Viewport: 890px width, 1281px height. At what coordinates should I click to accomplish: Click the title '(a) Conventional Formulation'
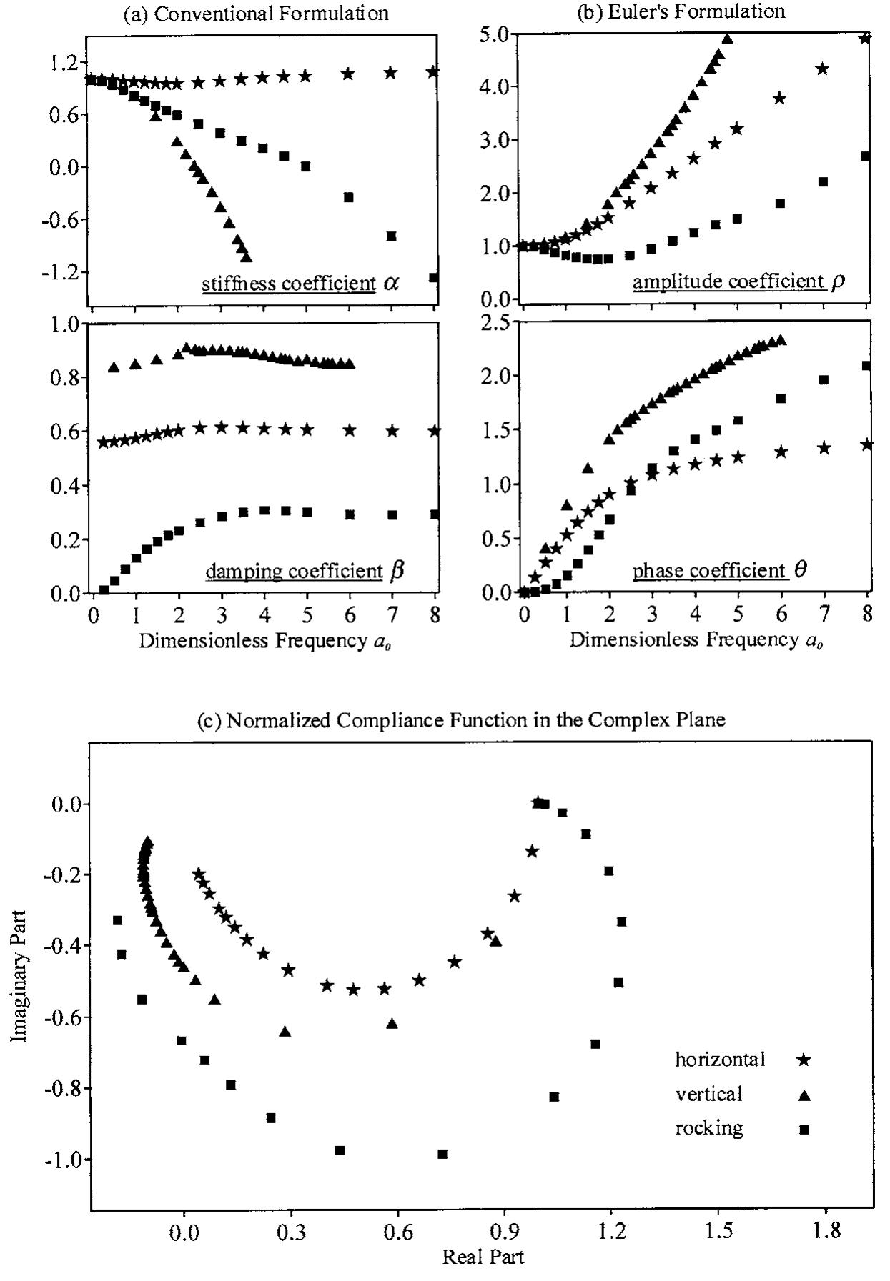point(257,14)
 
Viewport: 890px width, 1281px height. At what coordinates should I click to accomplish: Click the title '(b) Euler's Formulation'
point(681,11)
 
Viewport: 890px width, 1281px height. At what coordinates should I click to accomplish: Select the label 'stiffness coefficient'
point(288,284)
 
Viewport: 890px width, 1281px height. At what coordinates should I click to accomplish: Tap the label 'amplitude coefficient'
point(728,281)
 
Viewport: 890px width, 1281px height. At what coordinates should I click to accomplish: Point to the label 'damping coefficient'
point(294,572)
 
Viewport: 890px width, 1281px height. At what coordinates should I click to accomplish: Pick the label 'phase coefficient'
point(709,571)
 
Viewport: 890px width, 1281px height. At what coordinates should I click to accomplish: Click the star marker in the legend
point(804,1060)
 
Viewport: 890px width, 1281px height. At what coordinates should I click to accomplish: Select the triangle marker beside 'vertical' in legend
point(804,1095)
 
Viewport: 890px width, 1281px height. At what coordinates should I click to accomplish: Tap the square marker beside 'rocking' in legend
point(804,1130)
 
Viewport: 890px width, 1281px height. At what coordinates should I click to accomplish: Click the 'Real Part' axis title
point(483,1256)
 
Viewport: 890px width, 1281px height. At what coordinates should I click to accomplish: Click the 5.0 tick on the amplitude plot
point(495,34)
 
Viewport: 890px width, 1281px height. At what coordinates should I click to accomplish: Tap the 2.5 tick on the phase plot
point(495,323)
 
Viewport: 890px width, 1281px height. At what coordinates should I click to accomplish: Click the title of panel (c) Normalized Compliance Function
point(460,720)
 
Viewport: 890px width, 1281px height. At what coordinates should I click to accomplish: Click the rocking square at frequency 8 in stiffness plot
point(434,277)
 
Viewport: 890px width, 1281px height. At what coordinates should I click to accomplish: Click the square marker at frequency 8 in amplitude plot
point(865,156)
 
